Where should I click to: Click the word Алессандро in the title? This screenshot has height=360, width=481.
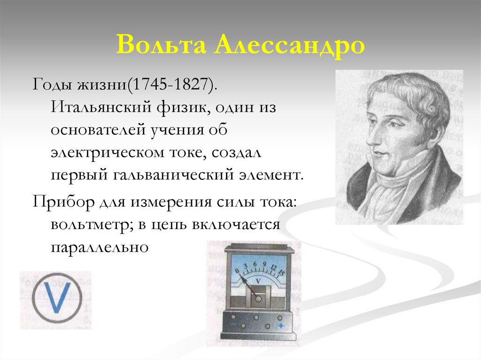291,46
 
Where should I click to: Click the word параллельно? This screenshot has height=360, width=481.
100,247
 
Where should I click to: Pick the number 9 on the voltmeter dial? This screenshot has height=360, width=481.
264,265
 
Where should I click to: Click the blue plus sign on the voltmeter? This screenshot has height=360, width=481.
280,325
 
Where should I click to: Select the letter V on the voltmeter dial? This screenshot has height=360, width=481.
258,280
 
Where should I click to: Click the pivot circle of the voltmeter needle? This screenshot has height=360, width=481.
257,297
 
